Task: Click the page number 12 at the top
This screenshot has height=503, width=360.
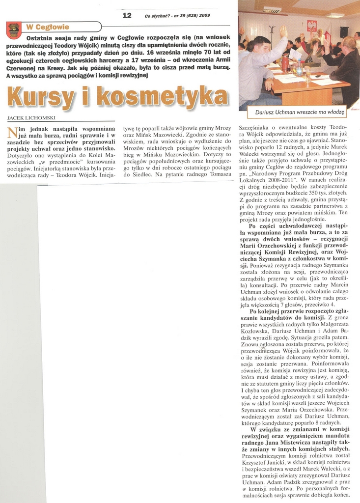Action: coord(127,15)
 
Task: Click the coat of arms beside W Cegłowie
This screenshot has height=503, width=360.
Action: coord(13,30)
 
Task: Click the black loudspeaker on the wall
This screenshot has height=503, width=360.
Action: coord(344,31)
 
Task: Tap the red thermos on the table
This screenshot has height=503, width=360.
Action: coord(285,64)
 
